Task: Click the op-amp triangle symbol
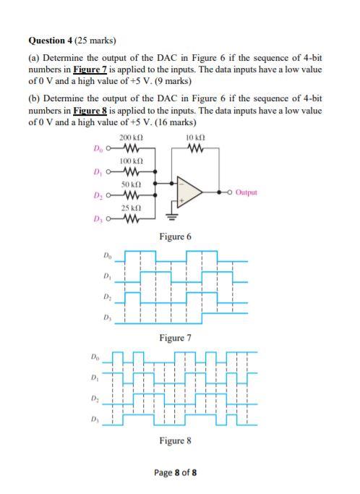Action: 194,192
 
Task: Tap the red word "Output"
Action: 247,193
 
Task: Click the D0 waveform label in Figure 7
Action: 108,255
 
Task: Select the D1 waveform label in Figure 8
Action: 95,378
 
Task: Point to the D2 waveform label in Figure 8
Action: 95,399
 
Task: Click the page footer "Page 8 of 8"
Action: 176,473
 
